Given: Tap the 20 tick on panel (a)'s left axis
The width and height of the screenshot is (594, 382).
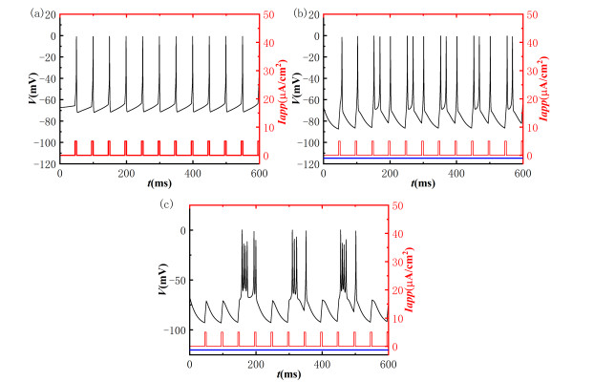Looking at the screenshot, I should (48, 16).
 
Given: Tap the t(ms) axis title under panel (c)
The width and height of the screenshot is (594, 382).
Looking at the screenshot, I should (288, 377).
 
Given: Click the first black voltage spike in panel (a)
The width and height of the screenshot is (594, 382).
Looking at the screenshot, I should (76, 38).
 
